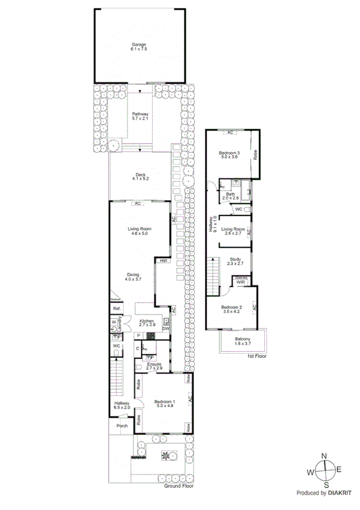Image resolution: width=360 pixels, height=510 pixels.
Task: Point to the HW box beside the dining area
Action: pyautogui.click(x=163, y=261)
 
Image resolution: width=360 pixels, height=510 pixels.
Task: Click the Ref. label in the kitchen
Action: pyautogui.click(x=117, y=309)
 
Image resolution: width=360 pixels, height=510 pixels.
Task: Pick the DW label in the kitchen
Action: pyautogui.click(x=165, y=328)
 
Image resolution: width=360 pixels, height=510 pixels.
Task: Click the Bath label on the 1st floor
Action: pyautogui.click(x=230, y=194)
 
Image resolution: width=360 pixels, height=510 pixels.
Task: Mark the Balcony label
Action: pyautogui.click(x=243, y=341)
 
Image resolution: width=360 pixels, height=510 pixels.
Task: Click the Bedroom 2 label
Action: pyautogui.click(x=231, y=309)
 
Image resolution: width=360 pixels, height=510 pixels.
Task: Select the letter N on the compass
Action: pyautogui.click(x=325, y=456)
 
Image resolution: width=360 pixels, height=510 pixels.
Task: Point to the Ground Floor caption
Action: pyautogui.click(x=179, y=486)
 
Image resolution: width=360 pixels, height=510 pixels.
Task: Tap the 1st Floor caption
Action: pyautogui.click(x=257, y=356)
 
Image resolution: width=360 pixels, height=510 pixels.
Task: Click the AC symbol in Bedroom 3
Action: pyautogui.click(x=230, y=132)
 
